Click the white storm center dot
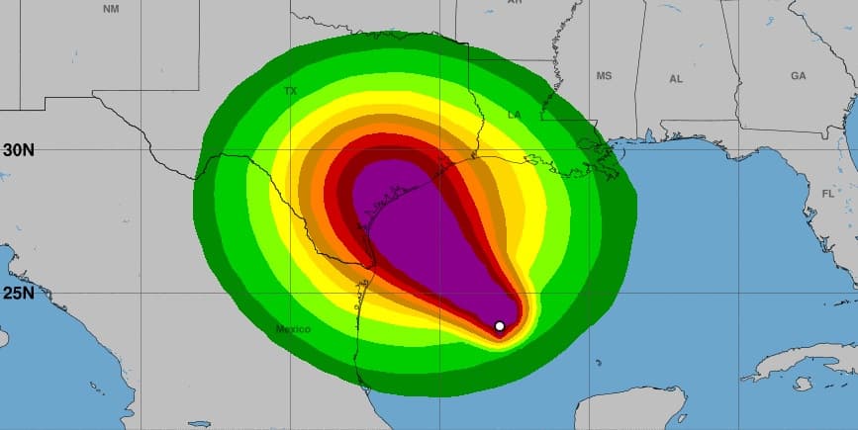500,326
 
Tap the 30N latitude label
19,150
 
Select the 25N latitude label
19,293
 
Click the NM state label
111,8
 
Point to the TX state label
290,91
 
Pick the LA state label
514,116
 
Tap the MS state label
604,76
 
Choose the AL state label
676,78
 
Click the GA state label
798,76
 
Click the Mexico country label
294,328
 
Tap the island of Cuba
802,361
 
